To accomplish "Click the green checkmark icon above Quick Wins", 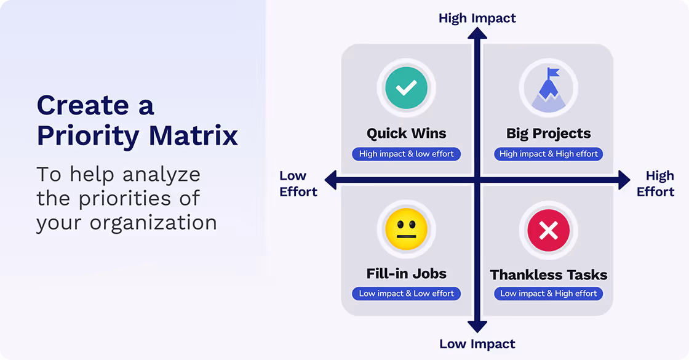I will coord(406,89).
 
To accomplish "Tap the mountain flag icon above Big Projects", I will coord(548,89).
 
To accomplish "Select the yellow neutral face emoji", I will coord(406,229).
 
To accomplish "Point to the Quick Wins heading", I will coord(406,134).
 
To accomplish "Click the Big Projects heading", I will coord(548,134).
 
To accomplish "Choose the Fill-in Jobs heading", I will coord(406,274).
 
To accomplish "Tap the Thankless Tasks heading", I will coord(548,274).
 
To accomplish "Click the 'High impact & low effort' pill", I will coord(406,154).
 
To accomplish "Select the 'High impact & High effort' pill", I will coord(548,154).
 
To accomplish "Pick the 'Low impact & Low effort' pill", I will coord(406,294).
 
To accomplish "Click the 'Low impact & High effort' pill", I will coord(548,294).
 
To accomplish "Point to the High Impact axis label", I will coord(477,18).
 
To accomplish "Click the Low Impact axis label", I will coord(477,343).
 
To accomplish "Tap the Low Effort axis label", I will coord(298,184).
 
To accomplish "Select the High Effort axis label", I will coord(656,184).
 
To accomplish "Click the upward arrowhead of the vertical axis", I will coord(477,34).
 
